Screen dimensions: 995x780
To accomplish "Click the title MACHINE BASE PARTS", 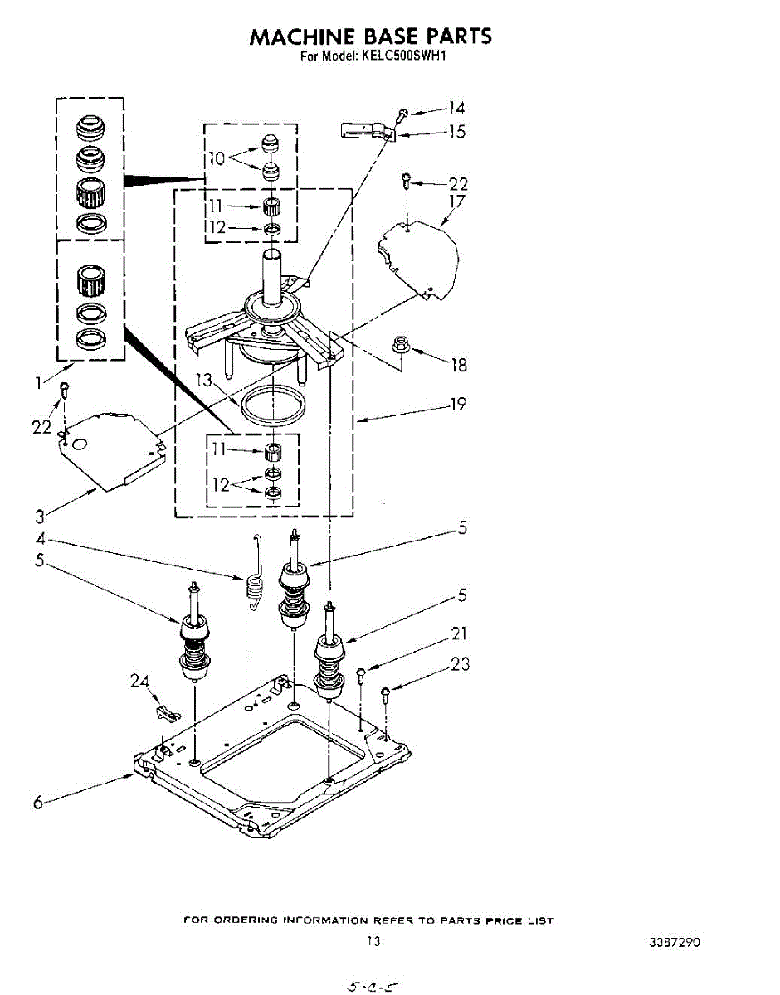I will pyautogui.click(x=371, y=37).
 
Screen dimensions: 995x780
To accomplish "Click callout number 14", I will pyautogui.click(x=456, y=107).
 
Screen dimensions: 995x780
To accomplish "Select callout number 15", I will pyautogui.click(x=456, y=132).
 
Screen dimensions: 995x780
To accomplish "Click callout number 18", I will pyautogui.click(x=457, y=364).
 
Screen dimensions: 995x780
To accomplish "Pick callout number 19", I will pyautogui.click(x=457, y=405).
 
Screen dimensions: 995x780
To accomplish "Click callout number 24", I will pyautogui.click(x=140, y=681).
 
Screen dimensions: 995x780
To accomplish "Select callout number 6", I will pyautogui.click(x=38, y=803).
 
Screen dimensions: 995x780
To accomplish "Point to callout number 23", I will pyautogui.click(x=461, y=663).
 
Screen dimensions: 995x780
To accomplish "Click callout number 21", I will pyautogui.click(x=459, y=634).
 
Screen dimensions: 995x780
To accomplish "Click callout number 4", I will pyautogui.click(x=39, y=540).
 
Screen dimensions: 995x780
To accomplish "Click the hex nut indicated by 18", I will pyautogui.click(x=397, y=344).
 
